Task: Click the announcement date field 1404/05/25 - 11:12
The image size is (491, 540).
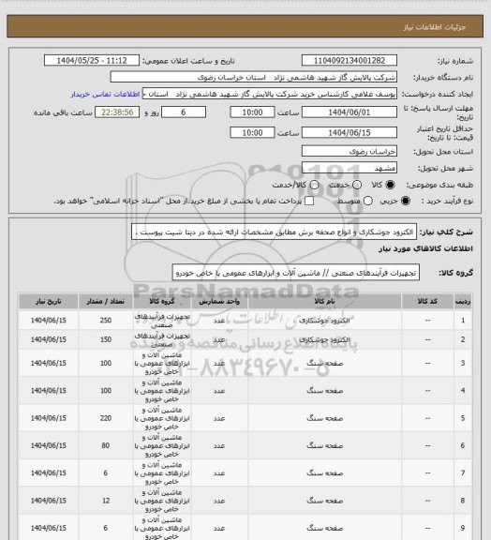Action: (x=99, y=61)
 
